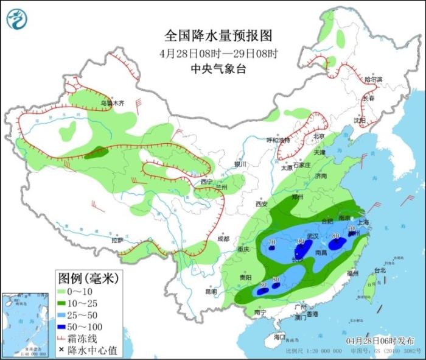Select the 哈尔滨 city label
pos(373,80)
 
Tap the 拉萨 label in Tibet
pos(117,240)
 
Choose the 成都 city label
pos(223,239)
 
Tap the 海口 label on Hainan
pos(279,336)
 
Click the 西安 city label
pos(262,204)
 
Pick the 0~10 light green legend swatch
pos(64,291)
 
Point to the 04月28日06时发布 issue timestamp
pos(380,340)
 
